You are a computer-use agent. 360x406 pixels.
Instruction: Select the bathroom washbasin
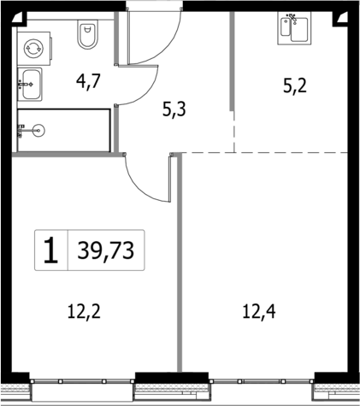coord(32,82)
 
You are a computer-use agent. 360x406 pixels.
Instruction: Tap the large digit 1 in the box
coord(51,250)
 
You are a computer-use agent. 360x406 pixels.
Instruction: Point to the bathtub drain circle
coord(43,130)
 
